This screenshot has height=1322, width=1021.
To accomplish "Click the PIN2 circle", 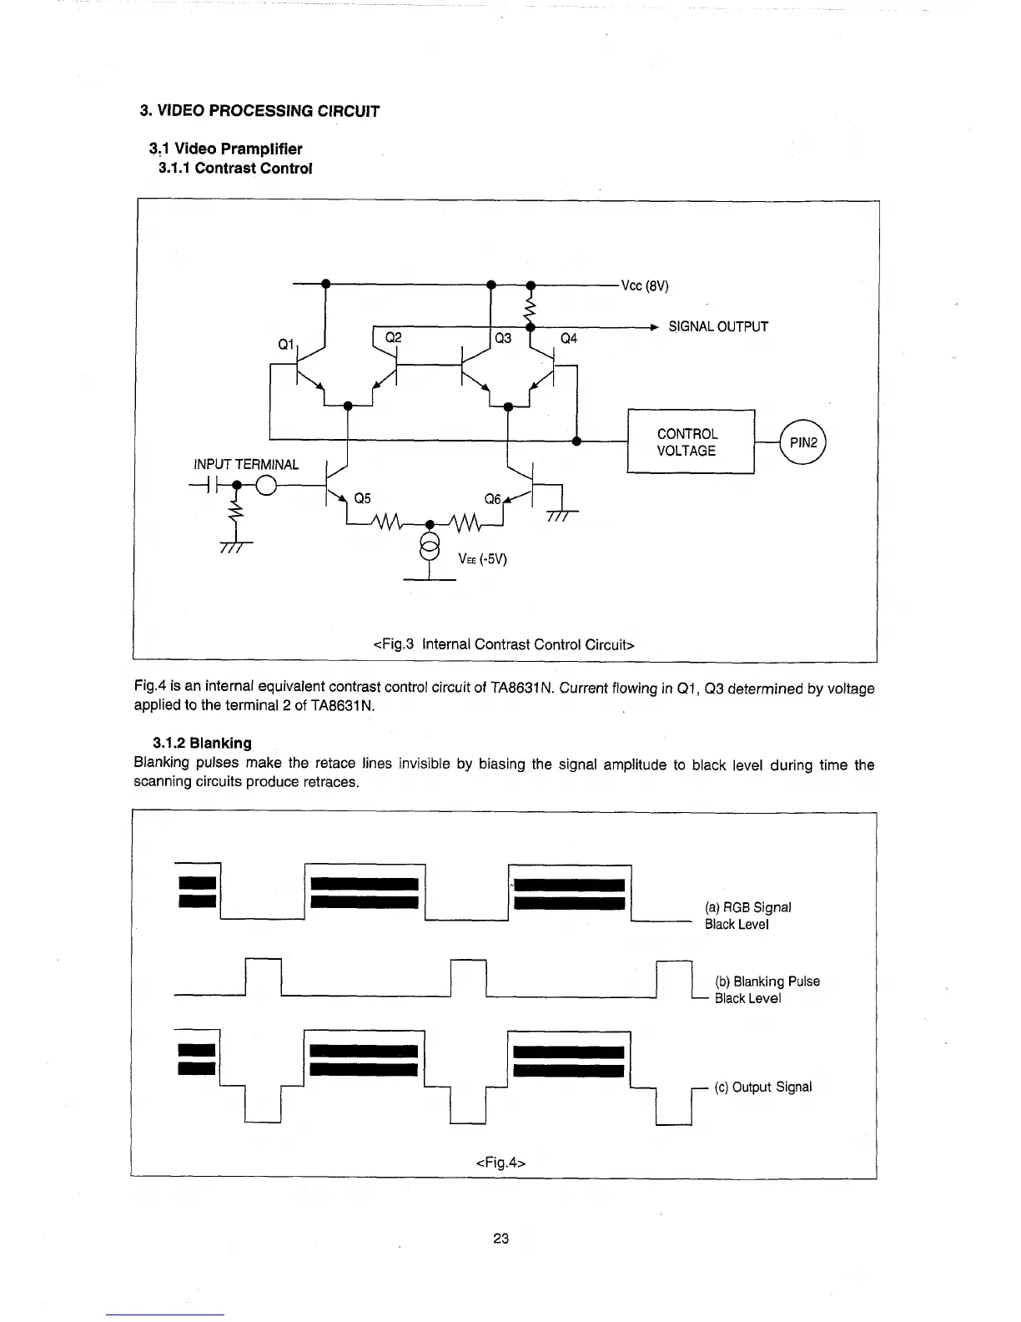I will point(802,443).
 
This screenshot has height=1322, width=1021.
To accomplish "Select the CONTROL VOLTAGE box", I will point(690,442).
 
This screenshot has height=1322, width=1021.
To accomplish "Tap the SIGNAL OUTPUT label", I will point(717,326).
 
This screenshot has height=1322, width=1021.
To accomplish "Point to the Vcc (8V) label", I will point(645,286).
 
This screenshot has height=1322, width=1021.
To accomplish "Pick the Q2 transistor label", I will point(393,337).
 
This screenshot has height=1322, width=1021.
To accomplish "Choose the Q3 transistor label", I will point(503,338).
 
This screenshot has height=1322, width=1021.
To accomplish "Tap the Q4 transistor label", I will point(569,338).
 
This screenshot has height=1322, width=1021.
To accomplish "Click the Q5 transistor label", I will point(363,499).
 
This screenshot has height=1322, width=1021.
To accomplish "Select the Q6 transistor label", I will point(493,499).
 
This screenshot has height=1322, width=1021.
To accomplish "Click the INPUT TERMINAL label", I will point(246,464).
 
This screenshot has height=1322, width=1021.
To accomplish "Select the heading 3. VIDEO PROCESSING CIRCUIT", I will point(259,111).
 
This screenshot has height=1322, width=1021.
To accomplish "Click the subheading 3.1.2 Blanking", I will point(202,743).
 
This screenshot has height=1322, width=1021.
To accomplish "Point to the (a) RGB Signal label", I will point(747,907).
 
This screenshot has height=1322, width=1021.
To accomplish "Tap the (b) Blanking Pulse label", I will point(767,981).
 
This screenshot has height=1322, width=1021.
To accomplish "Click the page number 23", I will point(500,1239).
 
